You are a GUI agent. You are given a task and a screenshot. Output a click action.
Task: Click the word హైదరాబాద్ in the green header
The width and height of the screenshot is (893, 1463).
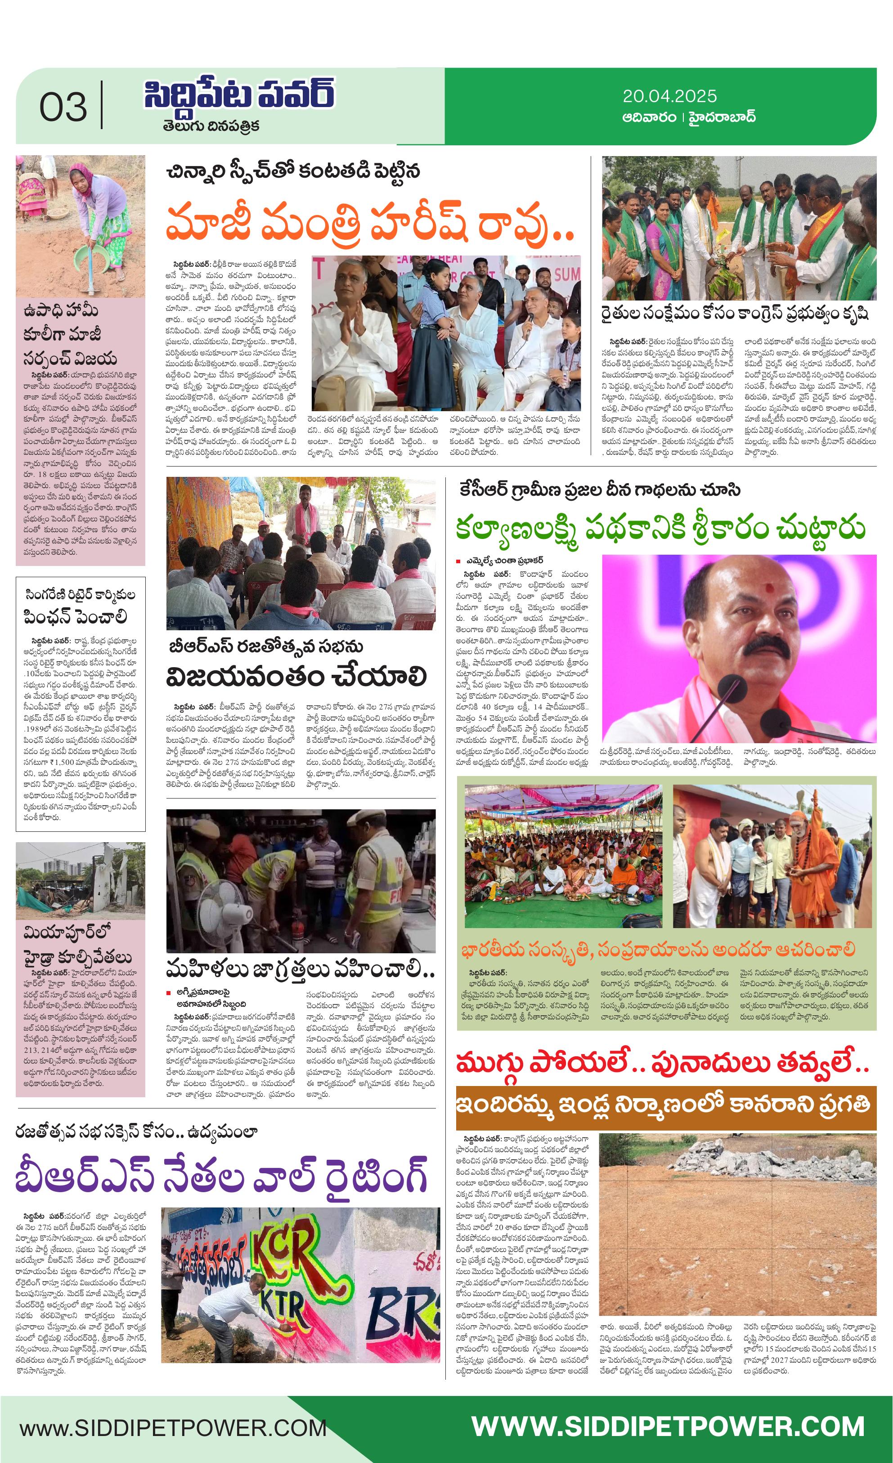point(722,117)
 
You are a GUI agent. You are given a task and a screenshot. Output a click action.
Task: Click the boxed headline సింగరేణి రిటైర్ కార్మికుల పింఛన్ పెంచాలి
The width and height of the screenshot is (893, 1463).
point(80,607)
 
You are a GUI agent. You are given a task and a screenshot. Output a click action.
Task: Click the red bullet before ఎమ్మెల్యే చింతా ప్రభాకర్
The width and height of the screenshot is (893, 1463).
point(458,561)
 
